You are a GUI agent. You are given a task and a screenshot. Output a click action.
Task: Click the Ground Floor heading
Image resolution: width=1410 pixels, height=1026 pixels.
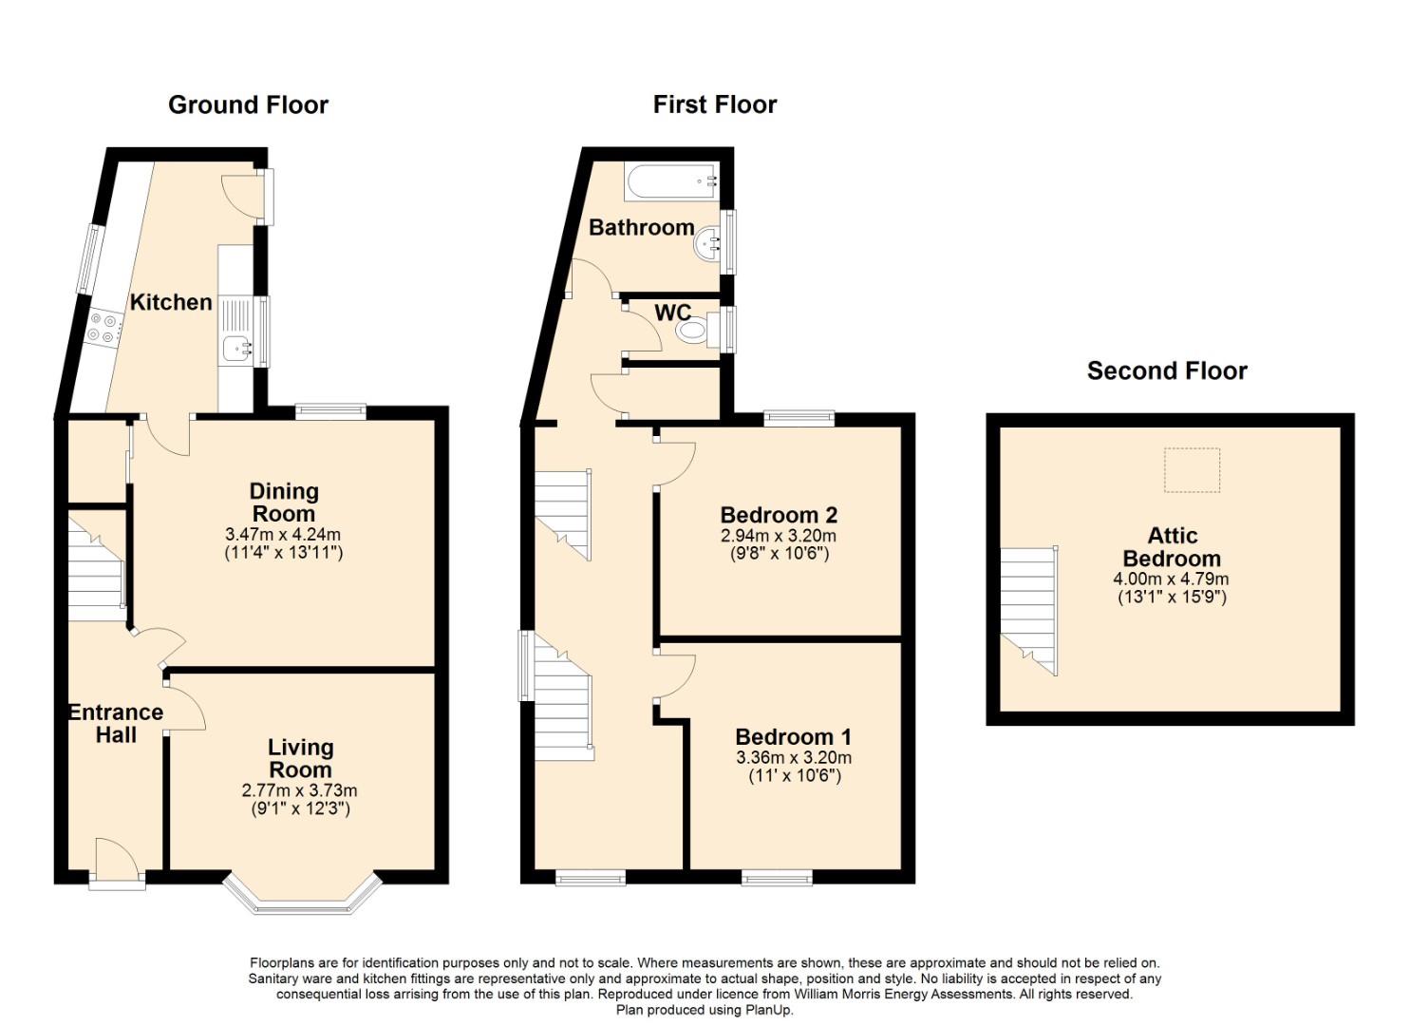tap(248, 105)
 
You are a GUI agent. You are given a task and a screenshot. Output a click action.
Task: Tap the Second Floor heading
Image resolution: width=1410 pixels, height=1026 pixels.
tap(1167, 370)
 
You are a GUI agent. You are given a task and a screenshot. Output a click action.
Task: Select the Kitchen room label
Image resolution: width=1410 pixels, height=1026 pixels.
tap(171, 302)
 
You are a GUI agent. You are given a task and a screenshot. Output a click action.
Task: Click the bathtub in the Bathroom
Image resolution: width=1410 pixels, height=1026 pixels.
tap(671, 182)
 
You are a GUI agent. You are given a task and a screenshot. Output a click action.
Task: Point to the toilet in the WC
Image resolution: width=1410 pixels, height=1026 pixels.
tap(698, 330)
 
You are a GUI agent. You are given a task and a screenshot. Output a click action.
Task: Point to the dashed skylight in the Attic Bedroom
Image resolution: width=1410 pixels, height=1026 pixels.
tap(1192, 470)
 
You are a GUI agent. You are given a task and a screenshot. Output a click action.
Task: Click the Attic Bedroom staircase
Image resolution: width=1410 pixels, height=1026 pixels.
tap(1029, 610)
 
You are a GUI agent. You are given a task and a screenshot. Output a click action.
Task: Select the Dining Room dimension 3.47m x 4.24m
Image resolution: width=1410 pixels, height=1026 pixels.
tap(283, 534)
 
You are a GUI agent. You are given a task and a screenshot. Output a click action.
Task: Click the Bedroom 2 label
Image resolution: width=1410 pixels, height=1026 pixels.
tap(779, 515)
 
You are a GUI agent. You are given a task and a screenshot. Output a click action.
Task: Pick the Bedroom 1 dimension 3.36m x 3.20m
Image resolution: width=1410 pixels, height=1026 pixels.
tap(794, 757)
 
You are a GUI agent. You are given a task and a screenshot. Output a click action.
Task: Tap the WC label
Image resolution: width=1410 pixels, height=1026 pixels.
tap(673, 313)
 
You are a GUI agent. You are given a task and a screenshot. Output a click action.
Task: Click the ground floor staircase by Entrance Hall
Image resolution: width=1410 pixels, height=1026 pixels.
tap(96, 564)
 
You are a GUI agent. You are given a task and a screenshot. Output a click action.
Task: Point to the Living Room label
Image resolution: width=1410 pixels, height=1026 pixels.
tap(300, 758)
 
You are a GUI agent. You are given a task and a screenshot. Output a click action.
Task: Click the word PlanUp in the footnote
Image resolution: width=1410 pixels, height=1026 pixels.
tap(769, 1010)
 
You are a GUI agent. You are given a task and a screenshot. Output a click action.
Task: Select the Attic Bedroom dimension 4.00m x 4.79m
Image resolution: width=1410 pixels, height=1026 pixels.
tap(1172, 579)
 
